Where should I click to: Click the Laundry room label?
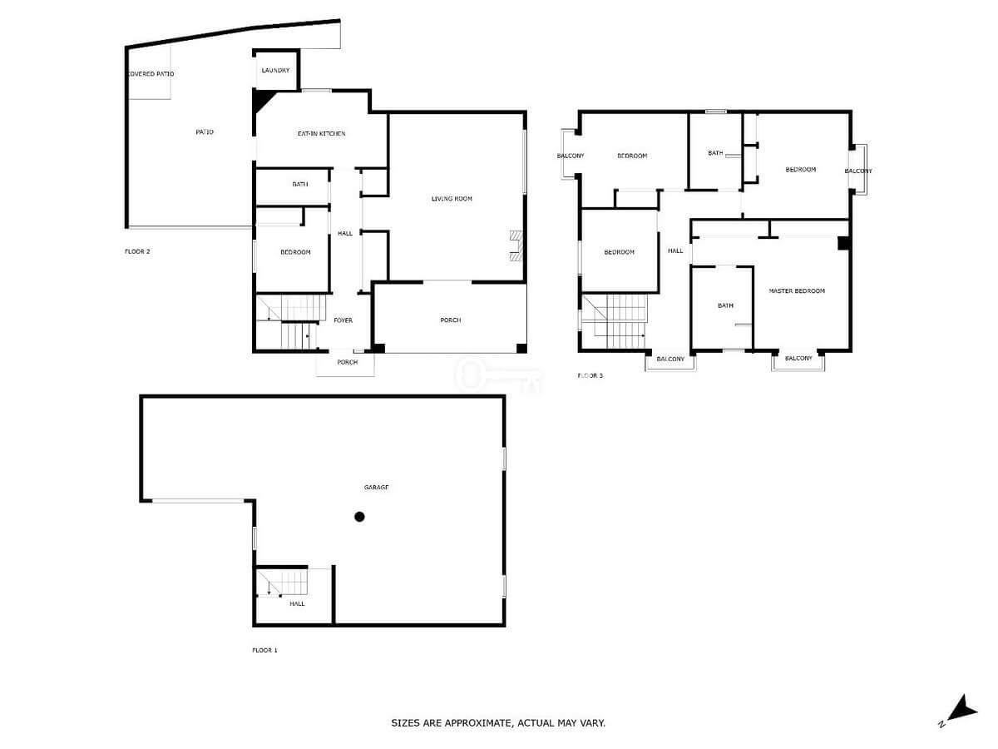275,71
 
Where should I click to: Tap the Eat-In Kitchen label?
322,134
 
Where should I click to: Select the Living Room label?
452,199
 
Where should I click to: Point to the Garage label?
376,488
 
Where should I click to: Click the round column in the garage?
359,517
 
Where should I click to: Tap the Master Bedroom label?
797,291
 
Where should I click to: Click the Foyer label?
343,320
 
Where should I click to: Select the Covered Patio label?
151,74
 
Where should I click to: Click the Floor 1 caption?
264,650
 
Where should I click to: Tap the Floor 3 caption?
590,375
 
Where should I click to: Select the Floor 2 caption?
137,251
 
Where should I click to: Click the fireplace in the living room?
516,246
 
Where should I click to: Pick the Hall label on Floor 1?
297,604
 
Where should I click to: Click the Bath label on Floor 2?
300,185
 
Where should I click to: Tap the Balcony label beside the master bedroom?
798,359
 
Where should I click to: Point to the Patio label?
205,131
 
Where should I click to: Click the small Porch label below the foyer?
348,363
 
